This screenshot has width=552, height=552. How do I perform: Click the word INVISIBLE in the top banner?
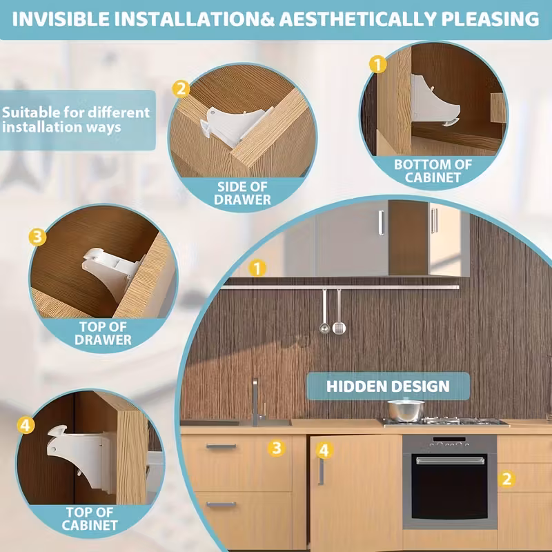[61, 19]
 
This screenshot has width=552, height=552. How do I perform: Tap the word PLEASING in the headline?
[490, 19]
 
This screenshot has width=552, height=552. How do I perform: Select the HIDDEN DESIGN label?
[388, 386]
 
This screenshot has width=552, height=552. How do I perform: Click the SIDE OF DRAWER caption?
[242, 193]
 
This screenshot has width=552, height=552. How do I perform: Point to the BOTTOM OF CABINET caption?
[433, 170]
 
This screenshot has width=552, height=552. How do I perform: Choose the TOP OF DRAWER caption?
[103, 333]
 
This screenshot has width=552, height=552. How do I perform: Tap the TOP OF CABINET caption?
[90, 518]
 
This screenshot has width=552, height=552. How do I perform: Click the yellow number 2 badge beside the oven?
[506, 479]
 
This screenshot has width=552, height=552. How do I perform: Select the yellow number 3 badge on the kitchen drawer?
[277, 448]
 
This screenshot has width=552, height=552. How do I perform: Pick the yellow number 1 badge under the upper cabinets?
[257, 268]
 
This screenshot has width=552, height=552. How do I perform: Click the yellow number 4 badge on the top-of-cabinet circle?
[26, 425]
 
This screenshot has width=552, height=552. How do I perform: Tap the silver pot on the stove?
[406, 410]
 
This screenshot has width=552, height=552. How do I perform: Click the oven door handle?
[451, 460]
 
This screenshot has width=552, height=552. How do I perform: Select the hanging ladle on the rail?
[324, 311]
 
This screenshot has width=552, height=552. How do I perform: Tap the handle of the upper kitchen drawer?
[221, 446]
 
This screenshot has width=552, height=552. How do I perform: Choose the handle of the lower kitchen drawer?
[221, 504]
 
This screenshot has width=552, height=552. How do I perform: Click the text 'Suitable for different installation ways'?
[76, 119]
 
